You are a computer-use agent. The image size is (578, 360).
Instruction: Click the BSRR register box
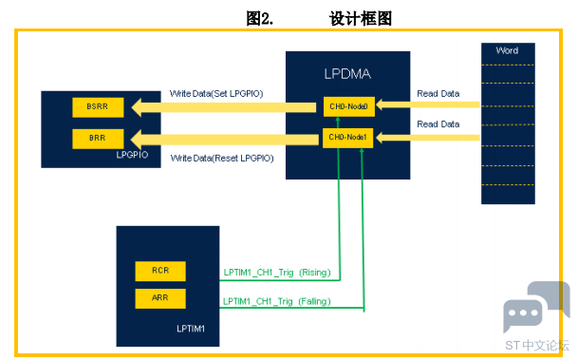(98, 107)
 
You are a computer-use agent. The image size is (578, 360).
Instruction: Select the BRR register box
(98, 139)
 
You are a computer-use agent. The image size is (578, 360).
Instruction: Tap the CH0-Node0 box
(349, 106)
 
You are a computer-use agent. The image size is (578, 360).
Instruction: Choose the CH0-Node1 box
(347, 138)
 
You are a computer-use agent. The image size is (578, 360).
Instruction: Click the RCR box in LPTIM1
(160, 271)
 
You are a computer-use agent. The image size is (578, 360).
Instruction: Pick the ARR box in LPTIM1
(160, 298)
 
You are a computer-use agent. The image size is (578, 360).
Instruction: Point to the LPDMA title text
(347, 74)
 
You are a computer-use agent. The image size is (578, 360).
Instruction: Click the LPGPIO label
(132, 155)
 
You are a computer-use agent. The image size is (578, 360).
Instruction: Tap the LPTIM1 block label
(191, 329)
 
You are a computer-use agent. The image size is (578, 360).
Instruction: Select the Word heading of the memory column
(507, 50)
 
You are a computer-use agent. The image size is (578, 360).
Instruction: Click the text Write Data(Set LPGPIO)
(216, 94)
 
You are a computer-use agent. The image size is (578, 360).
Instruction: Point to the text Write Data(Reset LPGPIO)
(222, 159)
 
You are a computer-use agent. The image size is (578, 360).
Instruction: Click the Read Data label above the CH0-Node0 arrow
(438, 94)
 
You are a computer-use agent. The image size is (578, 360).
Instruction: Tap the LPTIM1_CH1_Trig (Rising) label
(277, 273)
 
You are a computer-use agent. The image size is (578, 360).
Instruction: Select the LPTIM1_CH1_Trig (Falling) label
(277, 301)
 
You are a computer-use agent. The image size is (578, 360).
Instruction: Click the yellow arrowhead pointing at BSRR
(137, 107)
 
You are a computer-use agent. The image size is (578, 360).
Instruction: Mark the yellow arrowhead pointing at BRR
(137, 139)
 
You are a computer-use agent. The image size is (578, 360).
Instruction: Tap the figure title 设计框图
(360, 18)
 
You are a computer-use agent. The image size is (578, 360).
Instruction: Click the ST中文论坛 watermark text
(537, 345)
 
